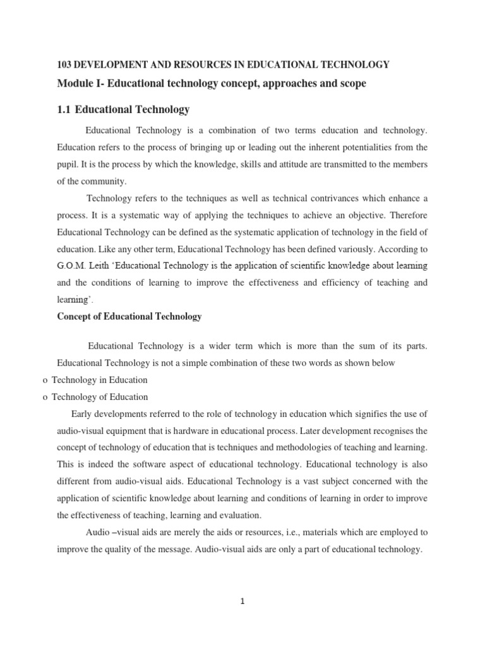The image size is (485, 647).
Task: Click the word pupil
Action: click(x=68, y=164)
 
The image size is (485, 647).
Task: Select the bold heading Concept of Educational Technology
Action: click(x=129, y=317)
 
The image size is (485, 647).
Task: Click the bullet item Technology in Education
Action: click(x=100, y=380)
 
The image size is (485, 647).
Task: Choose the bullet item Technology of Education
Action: click(x=100, y=397)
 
